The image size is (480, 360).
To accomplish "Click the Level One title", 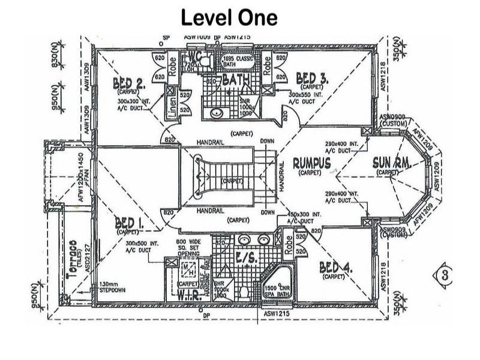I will click(x=229, y=17).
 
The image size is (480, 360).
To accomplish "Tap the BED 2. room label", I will click(x=128, y=84).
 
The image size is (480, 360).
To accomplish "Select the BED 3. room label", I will click(x=312, y=79).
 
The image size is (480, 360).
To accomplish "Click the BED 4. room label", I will click(x=335, y=268).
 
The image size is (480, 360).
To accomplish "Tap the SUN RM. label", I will click(x=391, y=163).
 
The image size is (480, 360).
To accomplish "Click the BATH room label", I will click(x=236, y=80).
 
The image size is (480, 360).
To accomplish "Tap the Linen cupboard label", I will click(x=170, y=102).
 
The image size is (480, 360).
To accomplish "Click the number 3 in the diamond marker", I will click(x=444, y=275).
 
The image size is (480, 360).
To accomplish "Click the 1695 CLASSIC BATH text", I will click(x=238, y=61).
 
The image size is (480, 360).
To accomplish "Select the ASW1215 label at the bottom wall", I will click(x=276, y=313).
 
